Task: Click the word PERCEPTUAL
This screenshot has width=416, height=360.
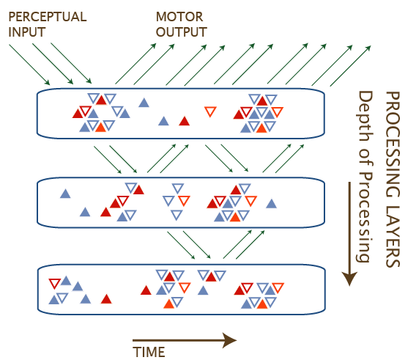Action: tap(48, 17)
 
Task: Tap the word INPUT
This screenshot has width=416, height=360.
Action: tap(27, 32)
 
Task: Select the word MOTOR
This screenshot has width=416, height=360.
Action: tap(179, 17)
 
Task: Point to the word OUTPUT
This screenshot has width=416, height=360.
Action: tap(182, 32)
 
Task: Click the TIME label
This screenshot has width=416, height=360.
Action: tap(149, 352)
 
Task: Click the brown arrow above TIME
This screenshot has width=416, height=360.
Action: tap(185, 340)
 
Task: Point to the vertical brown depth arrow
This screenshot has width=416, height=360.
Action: tap(349, 234)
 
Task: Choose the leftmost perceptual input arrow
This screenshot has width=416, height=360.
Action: tap(29, 65)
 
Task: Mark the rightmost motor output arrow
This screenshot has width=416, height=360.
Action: tap(350, 66)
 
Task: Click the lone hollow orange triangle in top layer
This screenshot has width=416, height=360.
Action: tap(210, 111)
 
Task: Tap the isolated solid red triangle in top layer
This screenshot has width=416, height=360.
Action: tap(185, 121)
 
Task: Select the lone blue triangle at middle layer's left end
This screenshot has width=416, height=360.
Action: tap(65, 194)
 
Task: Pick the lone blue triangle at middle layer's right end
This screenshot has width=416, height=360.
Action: tap(271, 204)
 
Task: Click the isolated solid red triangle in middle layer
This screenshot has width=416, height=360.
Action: tap(105, 212)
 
